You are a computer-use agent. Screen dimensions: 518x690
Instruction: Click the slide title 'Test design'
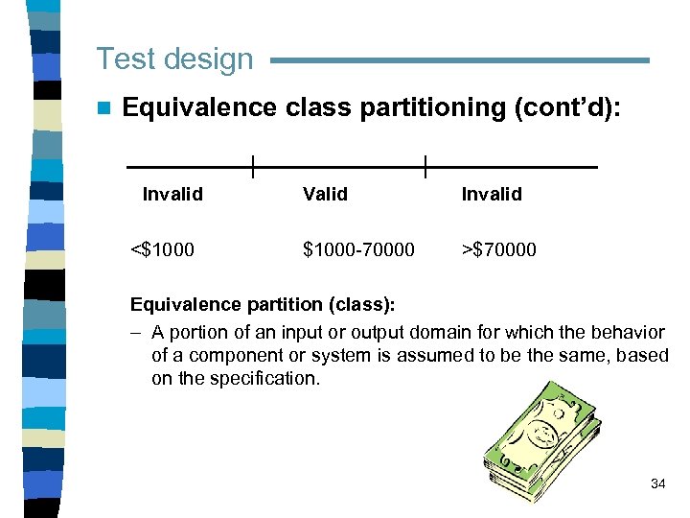pos(174,59)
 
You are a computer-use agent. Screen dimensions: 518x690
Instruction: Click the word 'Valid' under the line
pos(325,194)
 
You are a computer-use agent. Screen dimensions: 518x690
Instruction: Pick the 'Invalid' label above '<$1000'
pos(172,194)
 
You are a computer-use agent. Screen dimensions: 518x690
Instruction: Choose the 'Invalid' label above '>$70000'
pos(492,194)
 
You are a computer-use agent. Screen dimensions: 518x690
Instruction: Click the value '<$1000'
pos(162,249)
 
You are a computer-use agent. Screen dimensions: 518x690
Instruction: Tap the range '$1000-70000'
pos(358,249)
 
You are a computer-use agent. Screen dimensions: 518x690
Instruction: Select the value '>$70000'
pos(498,249)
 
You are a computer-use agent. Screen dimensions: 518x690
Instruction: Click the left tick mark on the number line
pos(252,167)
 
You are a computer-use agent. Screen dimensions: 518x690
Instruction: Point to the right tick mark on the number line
pos(425,167)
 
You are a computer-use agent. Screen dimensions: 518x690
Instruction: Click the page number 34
pos(657,483)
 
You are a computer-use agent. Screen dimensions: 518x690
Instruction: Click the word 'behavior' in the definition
pos(629,332)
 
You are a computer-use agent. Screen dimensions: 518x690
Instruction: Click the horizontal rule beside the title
pos(460,60)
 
